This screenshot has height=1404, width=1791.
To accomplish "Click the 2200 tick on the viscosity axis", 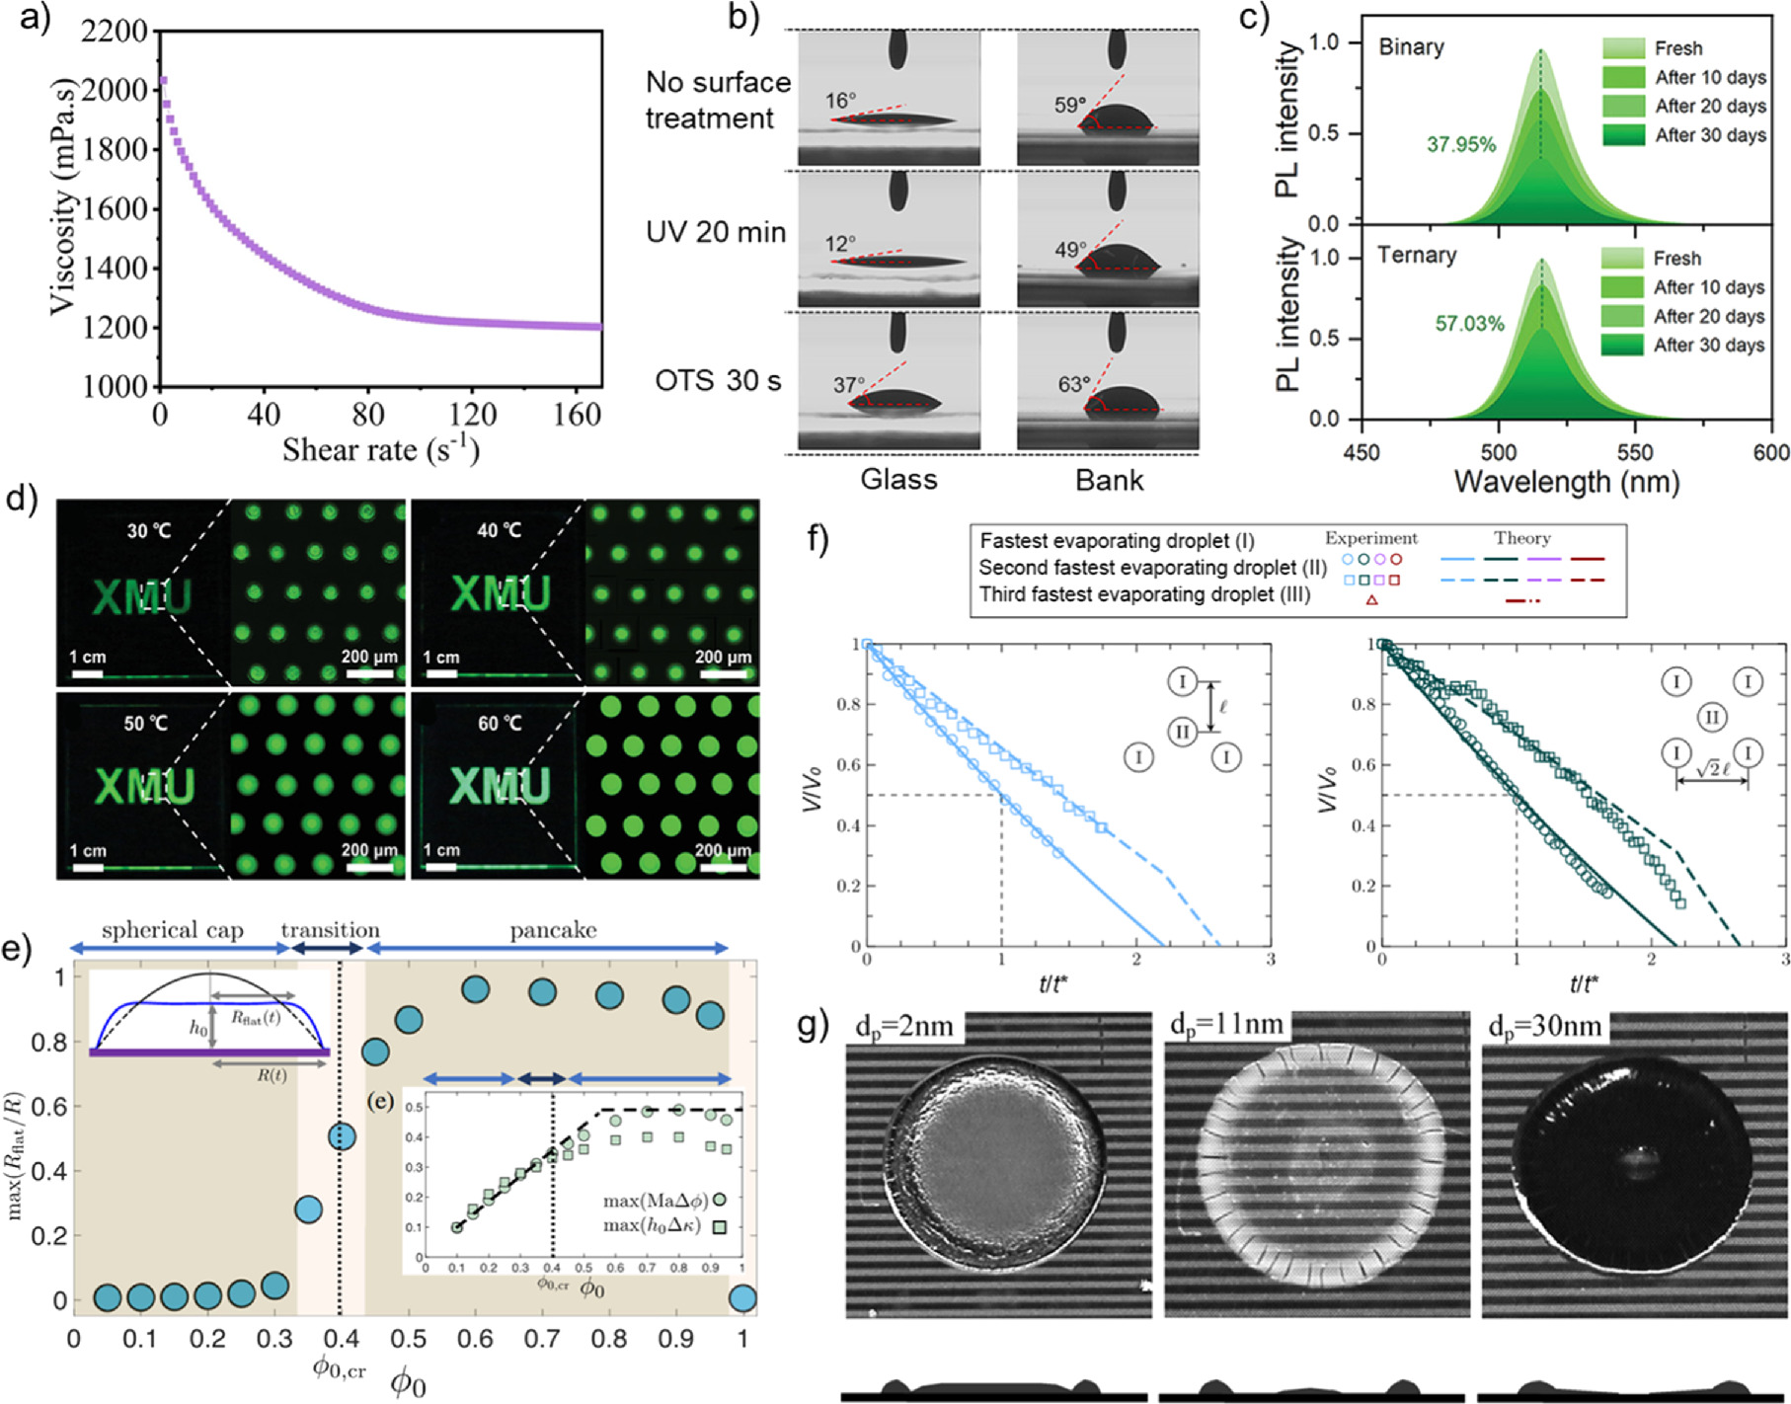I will coord(114,32).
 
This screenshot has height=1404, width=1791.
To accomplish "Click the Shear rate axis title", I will coord(381,450).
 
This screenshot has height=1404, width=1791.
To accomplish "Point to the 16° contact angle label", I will coord(841,101).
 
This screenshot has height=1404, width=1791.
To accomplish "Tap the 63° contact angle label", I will coord(1074,384).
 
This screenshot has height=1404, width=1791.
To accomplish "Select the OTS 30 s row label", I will coord(718,381).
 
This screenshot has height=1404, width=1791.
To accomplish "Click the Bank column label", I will coord(1109,481).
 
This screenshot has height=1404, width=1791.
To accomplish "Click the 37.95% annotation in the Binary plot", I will coord(1460,145).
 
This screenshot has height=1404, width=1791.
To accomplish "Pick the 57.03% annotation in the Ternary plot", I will coord(1469,324).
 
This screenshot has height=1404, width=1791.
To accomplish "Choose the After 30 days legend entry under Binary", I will coord(1710,135).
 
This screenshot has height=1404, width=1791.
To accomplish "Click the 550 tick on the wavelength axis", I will coord(1635,452).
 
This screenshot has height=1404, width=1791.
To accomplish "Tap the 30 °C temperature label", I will coord(149,531).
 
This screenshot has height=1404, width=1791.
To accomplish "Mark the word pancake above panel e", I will coord(553,930).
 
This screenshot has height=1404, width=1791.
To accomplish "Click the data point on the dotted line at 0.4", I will coord(341,1137).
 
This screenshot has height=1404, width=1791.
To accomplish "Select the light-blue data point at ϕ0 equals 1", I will coord(741,1298).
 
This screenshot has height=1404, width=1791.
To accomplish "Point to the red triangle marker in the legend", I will coord(1371,600).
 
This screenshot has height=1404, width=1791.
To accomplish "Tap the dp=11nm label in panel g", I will coord(1226,1026).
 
